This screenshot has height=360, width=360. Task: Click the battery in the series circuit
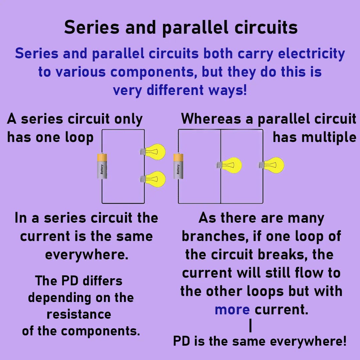(x=102, y=167)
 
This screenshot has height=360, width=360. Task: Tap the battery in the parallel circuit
(x=178, y=166)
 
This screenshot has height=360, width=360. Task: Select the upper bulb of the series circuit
(x=154, y=152)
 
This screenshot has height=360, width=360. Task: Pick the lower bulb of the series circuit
(x=154, y=179)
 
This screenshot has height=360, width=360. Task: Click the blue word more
(x=232, y=310)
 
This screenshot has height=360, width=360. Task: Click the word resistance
(x=79, y=314)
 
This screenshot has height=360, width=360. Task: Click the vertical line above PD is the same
(x=250, y=326)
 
